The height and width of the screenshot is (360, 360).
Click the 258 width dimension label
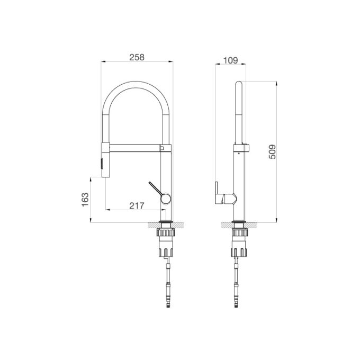pos(137,57)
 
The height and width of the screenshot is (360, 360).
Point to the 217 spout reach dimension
pos(137,206)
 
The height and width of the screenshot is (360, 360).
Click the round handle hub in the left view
pos(166,198)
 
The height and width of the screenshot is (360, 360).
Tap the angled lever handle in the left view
pos(156,188)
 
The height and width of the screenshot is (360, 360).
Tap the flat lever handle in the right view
pos(217,193)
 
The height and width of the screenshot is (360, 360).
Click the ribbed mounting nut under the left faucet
pos(167,232)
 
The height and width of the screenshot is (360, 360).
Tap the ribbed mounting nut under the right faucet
pos(239,232)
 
